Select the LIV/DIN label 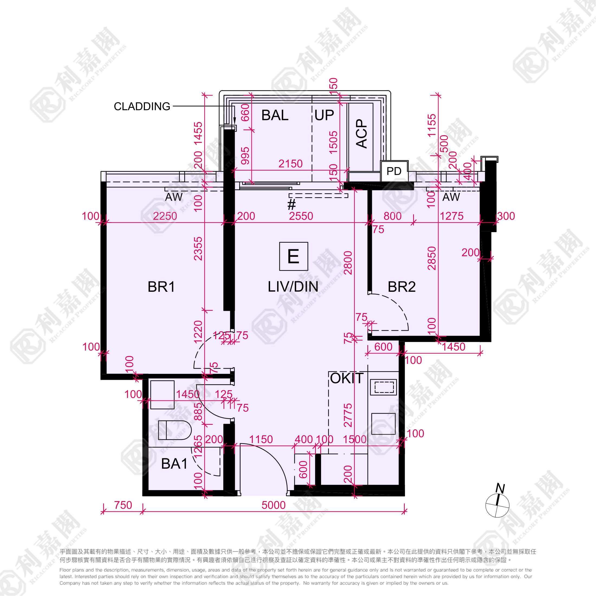click(x=293, y=287)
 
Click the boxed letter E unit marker click(x=293, y=256)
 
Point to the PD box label click(x=394, y=171)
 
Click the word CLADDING click(x=142, y=106)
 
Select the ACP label click(x=362, y=133)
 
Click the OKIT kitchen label click(x=347, y=378)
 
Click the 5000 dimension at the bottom click(x=273, y=505)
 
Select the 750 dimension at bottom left click(x=123, y=505)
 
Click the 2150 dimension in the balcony click(x=291, y=164)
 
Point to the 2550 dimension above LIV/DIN click(x=301, y=216)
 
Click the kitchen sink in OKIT click(x=384, y=387)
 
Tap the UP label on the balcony click(x=324, y=115)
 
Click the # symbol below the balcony click(x=291, y=205)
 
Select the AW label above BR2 click(x=451, y=197)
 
